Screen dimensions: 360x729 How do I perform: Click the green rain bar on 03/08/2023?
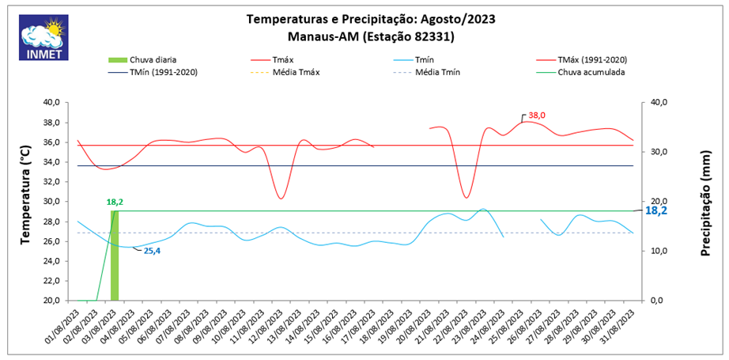click(x=115, y=256)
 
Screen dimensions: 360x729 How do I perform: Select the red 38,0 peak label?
click(x=537, y=116)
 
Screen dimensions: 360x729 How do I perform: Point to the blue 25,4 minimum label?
click(x=153, y=251)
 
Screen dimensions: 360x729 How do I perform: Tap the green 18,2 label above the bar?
click(x=115, y=202)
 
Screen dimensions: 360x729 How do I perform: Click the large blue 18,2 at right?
click(x=657, y=211)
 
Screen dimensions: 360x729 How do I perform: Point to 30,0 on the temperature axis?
click(x=51, y=201)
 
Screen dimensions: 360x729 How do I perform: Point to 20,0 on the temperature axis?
click(x=51, y=301)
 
